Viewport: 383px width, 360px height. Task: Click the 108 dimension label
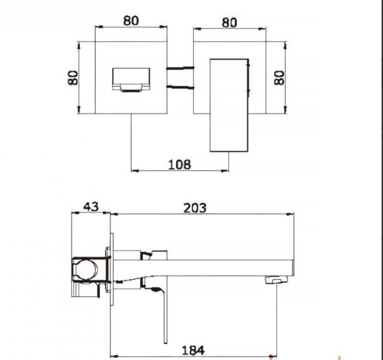point(180,164)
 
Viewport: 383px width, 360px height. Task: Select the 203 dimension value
point(195,208)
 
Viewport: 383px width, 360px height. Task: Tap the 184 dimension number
point(193,350)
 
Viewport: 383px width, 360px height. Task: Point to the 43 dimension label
point(91,207)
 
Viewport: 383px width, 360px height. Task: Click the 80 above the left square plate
point(131,21)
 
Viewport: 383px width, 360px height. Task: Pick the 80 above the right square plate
point(229,22)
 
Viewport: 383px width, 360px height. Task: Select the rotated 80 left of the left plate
point(73,78)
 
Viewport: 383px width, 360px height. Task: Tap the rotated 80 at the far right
point(279,78)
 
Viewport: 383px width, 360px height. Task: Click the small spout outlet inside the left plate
point(131,80)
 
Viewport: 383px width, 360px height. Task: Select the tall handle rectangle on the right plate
point(229,105)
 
